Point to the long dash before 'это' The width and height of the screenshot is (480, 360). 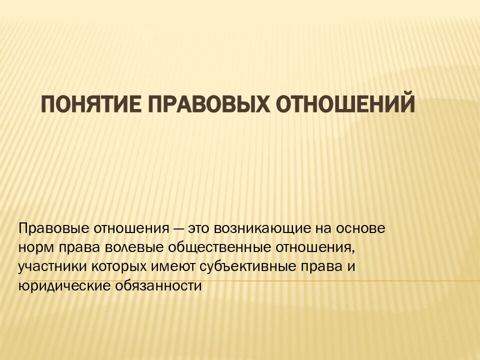[179, 229]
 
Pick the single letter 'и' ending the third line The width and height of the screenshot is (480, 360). [351, 267]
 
